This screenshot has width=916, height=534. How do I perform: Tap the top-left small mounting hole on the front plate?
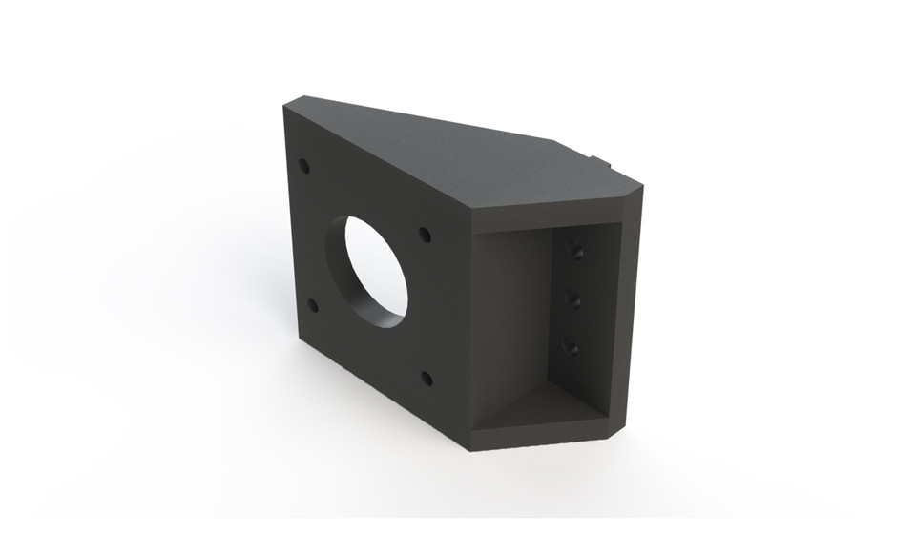pos(304,166)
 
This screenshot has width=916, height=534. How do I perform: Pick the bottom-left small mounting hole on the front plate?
pos(312,306)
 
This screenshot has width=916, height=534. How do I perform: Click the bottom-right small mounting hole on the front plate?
pos(427,379)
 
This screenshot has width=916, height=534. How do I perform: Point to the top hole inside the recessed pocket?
pos(574,251)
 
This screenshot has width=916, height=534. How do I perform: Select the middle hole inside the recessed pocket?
pos(574,301)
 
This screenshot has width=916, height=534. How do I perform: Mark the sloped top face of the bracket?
pos(448,153)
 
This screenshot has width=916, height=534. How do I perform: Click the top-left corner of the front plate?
pos(287,109)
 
